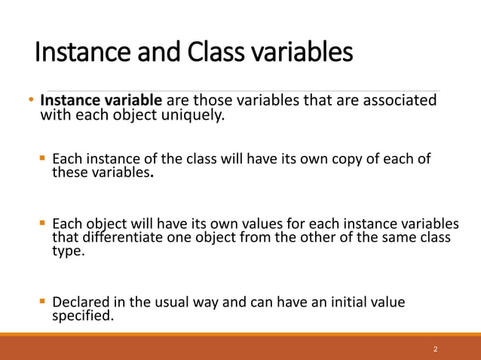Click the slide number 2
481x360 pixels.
tap(436, 349)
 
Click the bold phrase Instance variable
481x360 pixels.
tap(101, 101)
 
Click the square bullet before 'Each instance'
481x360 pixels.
tap(43, 159)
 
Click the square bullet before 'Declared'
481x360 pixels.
tap(43, 303)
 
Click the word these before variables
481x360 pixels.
tap(69, 173)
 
